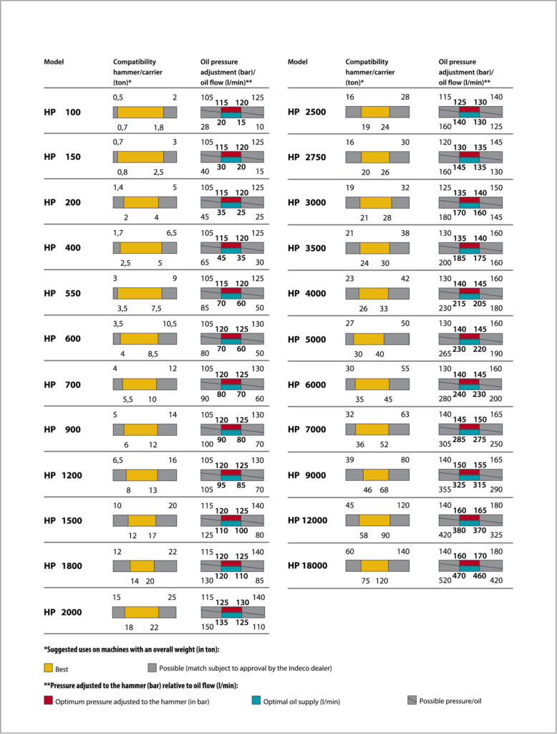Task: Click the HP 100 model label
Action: [62, 112]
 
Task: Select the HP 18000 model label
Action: [307, 566]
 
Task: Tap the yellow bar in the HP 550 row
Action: [140, 293]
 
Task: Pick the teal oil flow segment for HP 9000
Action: [469, 477]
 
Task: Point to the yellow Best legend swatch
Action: [48, 668]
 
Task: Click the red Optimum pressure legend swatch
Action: [48, 700]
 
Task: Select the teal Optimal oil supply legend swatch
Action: [256, 700]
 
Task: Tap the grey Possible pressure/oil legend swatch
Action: [412, 700]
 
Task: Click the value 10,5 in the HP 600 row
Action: [170, 324]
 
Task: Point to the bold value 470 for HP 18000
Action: [459, 576]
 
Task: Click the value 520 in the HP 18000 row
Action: [445, 581]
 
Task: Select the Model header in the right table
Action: [297, 62]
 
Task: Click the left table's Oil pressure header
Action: [219, 62]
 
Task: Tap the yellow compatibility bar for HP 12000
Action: [374, 520]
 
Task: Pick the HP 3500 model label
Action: [307, 248]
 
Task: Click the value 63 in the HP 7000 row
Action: [405, 414]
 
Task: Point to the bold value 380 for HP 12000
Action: [459, 530]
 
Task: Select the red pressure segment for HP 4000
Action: [469, 291]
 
